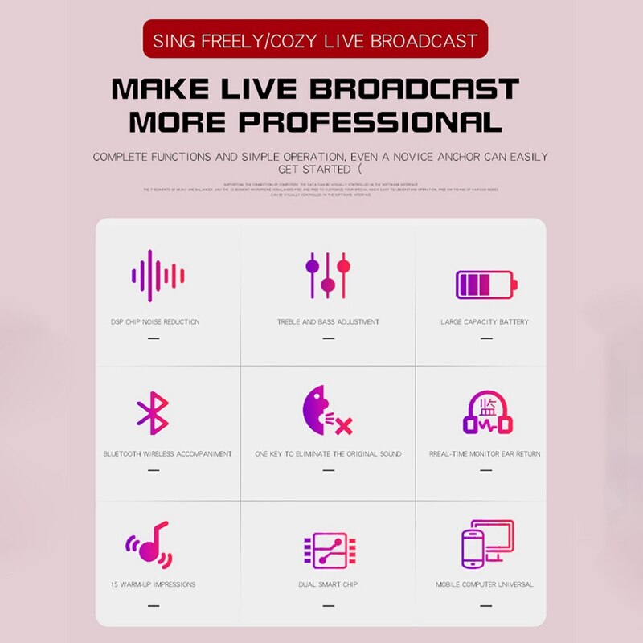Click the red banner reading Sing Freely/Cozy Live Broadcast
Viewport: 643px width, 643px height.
315,39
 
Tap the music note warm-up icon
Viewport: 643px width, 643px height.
149,544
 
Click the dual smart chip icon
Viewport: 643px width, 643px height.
325,551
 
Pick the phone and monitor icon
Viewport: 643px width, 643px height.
487,544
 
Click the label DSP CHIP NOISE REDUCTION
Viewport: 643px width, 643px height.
155,322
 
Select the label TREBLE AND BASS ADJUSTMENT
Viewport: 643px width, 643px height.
328,322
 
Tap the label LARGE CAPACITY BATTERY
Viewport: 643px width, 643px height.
485,322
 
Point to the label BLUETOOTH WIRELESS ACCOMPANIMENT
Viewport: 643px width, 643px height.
167,454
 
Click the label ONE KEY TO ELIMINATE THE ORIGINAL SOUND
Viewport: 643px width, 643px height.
328,454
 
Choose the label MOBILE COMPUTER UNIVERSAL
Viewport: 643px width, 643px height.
485,584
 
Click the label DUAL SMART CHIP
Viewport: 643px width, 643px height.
328,584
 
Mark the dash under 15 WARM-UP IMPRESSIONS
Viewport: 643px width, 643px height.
154,605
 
